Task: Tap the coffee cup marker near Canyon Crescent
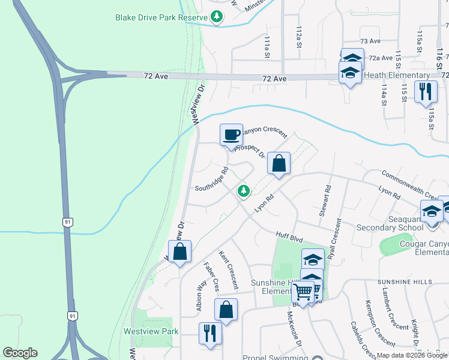[231, 134]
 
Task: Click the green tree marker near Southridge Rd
[244, 191]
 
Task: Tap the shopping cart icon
[303, 292]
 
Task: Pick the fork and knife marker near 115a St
[426, 92]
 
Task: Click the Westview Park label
[151, 331]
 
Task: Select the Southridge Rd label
[212, 181]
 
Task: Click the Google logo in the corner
[20, 352]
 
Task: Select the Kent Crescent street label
[229, 269]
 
